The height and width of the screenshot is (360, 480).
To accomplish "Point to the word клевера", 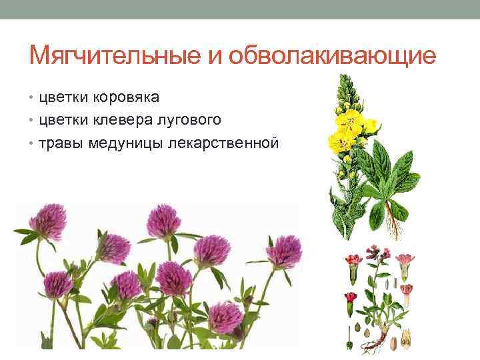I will (131, 120).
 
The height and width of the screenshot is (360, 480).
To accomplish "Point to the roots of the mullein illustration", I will (393, 230).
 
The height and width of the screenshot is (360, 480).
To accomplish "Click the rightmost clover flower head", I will (283, 252).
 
